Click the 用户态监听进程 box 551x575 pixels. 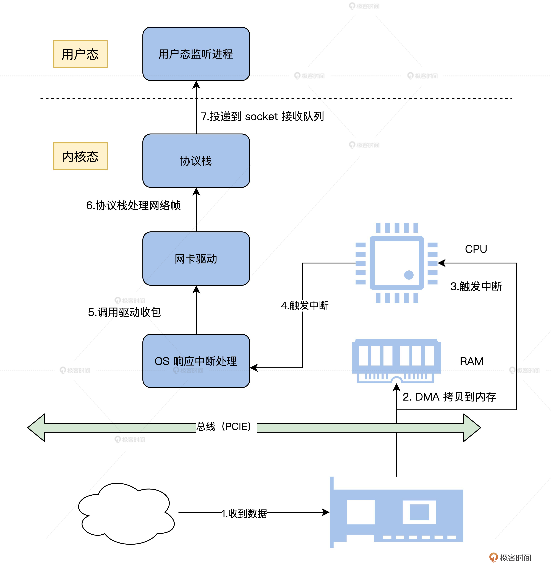[196, 54]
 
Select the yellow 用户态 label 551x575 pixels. [80, 54]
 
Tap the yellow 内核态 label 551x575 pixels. [80, 156]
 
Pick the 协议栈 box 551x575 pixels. [196, 161]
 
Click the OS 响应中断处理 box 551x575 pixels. [196, 361]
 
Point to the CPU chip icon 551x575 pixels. [396, 263]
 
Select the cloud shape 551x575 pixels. [126, 513]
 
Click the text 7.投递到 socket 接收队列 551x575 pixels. [262, 116]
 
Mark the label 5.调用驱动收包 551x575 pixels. [124, 312]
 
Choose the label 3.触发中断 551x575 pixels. [476, 286]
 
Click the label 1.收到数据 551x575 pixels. [244, 513]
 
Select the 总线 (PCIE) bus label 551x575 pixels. [224, 426]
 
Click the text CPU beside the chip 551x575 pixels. [476, 249]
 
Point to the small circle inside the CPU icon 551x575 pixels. [409, 275]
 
